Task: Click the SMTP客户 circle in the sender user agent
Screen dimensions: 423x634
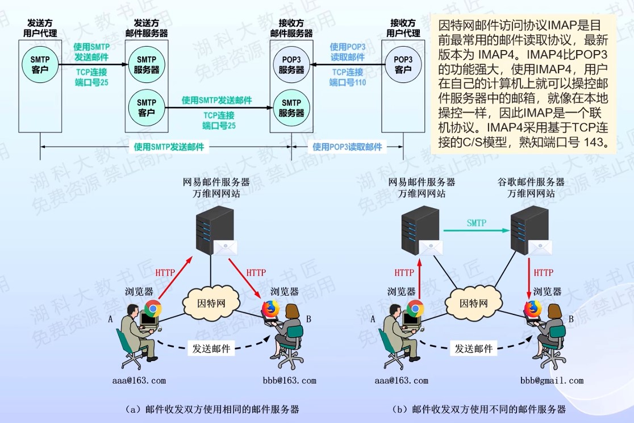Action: (40, 64)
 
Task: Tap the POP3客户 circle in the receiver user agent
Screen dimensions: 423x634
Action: (402, 64)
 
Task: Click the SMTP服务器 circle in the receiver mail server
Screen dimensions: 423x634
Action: (291, 107)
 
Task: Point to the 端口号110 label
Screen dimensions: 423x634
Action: (347, 82)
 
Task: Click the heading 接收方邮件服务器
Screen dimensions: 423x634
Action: (291, 28)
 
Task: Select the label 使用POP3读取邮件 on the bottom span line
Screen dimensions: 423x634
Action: (347, 147)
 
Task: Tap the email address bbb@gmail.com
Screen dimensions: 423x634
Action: (552, 380)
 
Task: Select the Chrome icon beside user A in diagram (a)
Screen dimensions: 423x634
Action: (152, 308)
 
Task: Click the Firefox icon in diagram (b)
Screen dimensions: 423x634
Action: (532, 309)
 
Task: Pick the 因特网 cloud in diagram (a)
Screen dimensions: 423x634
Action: (211, 302)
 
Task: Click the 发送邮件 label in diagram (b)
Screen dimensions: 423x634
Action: (474, 349)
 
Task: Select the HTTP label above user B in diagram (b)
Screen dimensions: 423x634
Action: (544, 273)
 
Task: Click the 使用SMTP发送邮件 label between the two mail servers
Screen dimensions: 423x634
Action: (216, 101)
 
